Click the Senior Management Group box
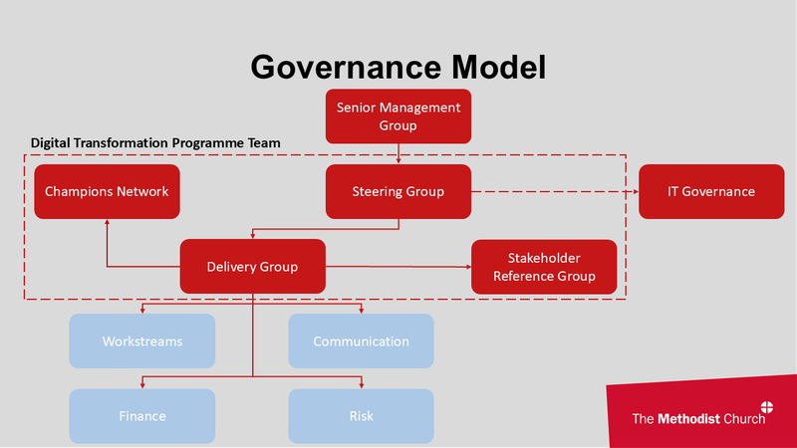pos(398,116)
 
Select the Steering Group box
pos(398,191)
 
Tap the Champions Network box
pos(107,191)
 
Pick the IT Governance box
pos(710,191)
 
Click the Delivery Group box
pos(252,266)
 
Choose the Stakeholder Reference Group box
pos(544,266)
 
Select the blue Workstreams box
pos(141,341)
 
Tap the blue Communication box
pos(361,341)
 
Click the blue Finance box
pos(141,415)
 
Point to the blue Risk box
pos(361,415)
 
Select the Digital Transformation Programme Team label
pos(155,143)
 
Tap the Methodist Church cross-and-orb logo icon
pos(767,408)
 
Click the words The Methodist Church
pos(698,419)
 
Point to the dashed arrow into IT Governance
pos(558,191)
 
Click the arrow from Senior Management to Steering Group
pos(398,153)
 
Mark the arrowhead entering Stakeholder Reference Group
pos(466,267)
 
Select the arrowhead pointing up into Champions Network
pos(107,223)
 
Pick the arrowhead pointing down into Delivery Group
pos(252,237)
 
